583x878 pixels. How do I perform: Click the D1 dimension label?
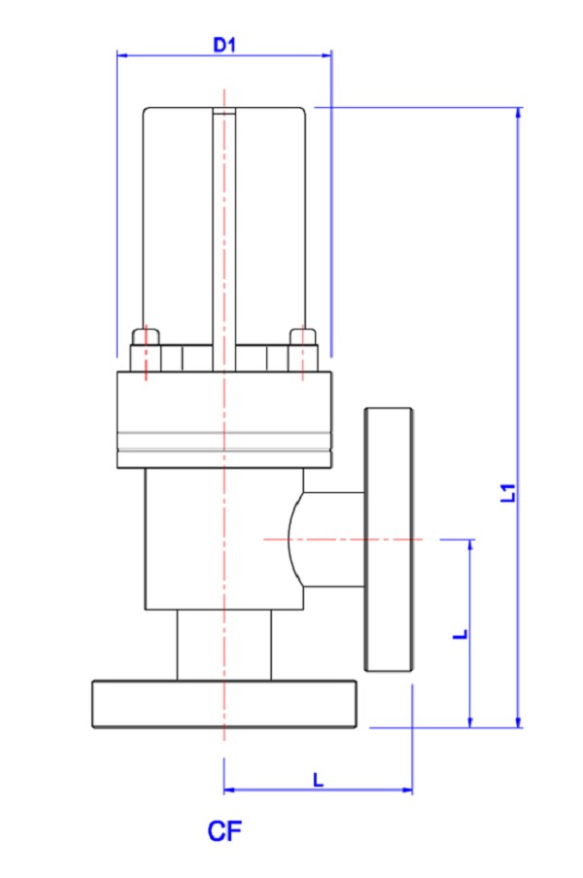point(224,45)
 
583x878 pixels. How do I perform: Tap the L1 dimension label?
point(507,493)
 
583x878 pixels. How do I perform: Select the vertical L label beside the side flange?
point(462,633)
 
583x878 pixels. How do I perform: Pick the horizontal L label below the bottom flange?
point(318,779)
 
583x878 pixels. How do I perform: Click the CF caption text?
point(224,831)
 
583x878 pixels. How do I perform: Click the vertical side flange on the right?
point(390,540)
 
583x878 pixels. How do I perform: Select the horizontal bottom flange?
point(224,705)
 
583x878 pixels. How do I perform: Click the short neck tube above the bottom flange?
point(224,646)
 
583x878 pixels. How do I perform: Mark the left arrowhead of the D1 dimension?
point(121,55)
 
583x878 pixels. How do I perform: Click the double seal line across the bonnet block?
point(224,439)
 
